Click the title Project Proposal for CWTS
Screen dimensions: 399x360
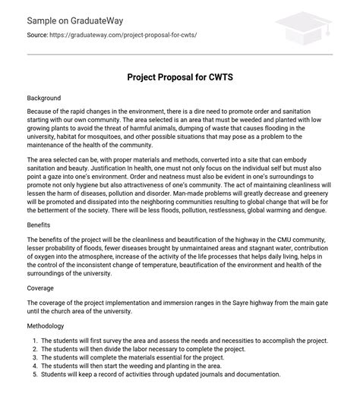[x=179, y=77]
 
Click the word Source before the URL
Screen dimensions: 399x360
[x=38, y=36]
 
